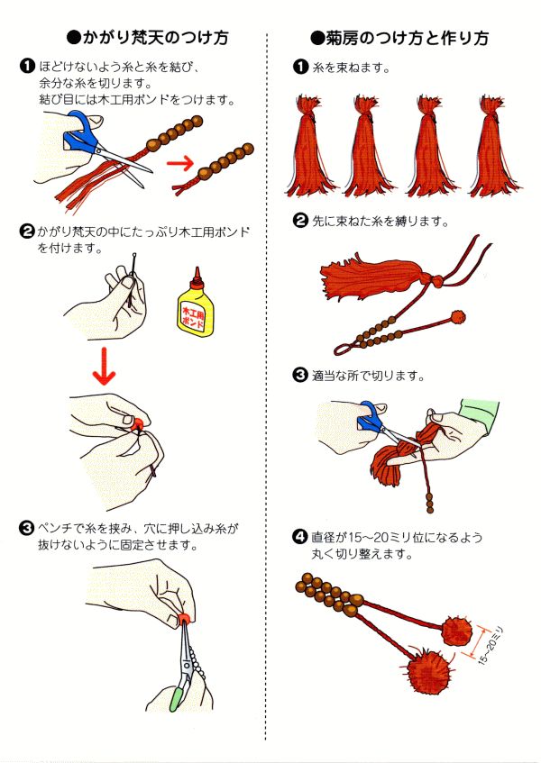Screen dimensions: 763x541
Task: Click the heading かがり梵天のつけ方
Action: pos(148,38)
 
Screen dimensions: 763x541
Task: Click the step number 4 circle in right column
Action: pos(300,539)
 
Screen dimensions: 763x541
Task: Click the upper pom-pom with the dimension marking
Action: pos(456,631)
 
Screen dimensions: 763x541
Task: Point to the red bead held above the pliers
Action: pos(184,617)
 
